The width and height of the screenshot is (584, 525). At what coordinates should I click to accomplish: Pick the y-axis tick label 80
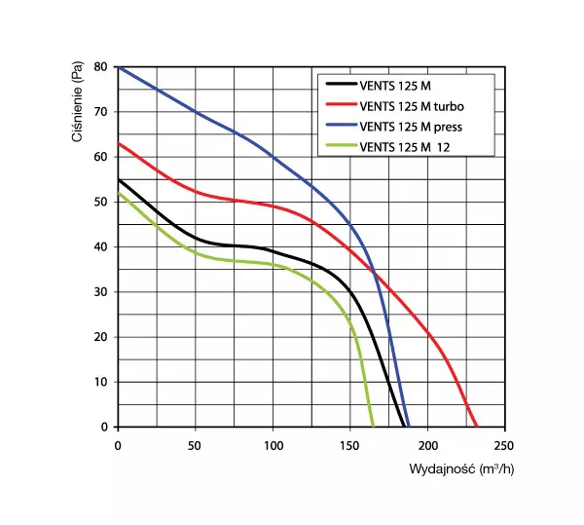point(102,67)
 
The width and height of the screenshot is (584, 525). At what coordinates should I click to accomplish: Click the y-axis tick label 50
point(102,203)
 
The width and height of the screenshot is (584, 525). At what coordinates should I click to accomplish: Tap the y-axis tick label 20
point(102,338)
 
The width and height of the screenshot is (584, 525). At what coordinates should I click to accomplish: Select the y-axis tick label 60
point(102,157)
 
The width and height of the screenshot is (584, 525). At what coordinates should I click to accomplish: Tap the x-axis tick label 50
point(195,445)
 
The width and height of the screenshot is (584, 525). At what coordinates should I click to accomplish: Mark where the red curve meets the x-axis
point(476,427)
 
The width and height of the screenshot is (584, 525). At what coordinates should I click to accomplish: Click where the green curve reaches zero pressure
point(373,427)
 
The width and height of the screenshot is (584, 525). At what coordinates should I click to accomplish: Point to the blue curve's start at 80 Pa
point(118,67)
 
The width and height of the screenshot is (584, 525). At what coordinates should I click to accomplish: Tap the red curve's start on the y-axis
point(118,143)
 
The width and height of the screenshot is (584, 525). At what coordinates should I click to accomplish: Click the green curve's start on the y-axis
point(118,193)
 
